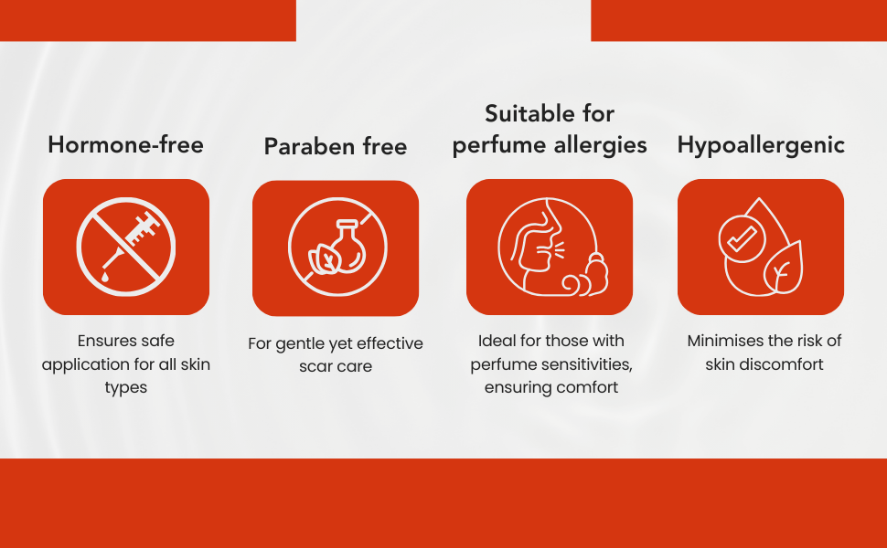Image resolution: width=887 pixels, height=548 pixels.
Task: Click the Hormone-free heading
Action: (125, 144)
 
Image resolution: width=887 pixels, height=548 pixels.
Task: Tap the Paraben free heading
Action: (336, 146)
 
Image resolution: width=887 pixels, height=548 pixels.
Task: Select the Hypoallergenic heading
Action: (761, 145)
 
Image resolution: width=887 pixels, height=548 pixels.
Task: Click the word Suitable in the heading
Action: (526, 113)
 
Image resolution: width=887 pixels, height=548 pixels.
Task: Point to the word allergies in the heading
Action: (600, 145)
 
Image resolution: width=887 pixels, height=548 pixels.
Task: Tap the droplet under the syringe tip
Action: (105, 276)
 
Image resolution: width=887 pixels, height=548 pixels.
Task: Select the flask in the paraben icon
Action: (347, 247)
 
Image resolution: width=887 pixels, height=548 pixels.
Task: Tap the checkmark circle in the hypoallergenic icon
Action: (742, 238)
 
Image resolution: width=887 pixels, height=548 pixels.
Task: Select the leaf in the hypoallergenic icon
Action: (783, 268)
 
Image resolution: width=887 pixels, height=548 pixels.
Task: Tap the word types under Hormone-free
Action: (125, 388)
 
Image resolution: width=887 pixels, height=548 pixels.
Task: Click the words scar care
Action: (336, 366)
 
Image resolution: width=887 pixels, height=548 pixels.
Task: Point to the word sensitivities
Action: (588, 364)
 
